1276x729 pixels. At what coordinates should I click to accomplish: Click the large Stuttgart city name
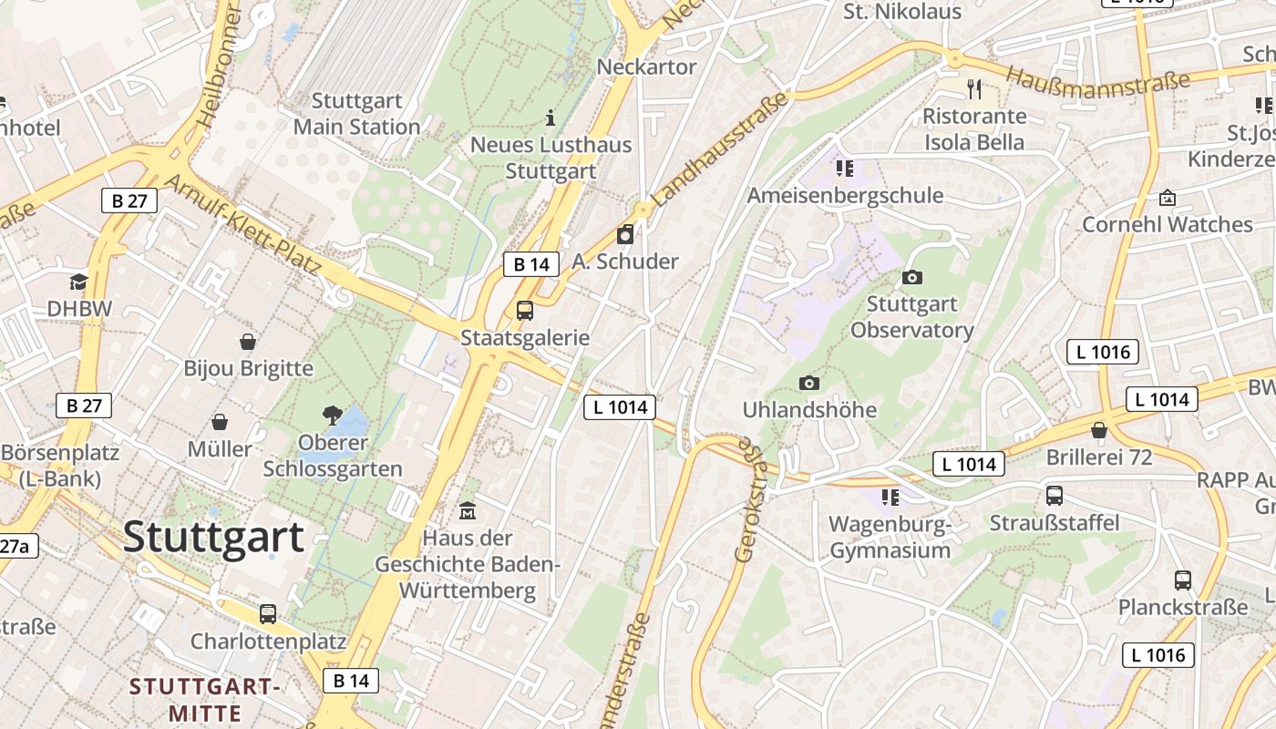pyautogui.click(x=213, y=536)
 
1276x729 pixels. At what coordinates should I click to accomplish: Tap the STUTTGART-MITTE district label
pyautogui.click(x=204, y=699)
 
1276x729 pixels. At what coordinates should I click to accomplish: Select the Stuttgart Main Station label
pyautogui.click(x=356, y=113)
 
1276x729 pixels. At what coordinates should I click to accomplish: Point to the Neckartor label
pyautogui.click(x=646, y=67)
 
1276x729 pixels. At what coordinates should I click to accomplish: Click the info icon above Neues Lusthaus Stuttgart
pyautogui.click(x=550, y=118)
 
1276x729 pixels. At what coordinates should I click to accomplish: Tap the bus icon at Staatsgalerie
pyautogui.click(x=525, y=310)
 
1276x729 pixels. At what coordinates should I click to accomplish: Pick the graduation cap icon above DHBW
pyautogui.click(x=79, y=282)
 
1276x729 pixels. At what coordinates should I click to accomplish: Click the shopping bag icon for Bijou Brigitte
pyautogui.click(x=248, y=342)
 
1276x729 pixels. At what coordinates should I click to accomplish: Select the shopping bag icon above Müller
pyautogui.click(x=220, y=422)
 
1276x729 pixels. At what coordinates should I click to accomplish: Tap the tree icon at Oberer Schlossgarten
pyautogui.click(x=333, y=416)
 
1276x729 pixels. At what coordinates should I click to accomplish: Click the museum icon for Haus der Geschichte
pyautogui.click(x=468, y=510)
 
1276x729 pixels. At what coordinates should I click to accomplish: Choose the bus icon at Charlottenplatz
pyautogui.click(x=268, y=613)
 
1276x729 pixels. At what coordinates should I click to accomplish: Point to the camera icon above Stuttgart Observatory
pyautogui.click(x=911, y=277)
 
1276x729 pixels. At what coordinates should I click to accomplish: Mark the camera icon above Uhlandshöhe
pyautogui.click(x=808, y=383)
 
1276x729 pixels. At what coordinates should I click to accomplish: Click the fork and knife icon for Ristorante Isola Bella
pyautogui.click(x=974, y=89)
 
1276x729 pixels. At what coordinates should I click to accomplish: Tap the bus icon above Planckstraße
pyautogui.click(x=1183, y=580)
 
